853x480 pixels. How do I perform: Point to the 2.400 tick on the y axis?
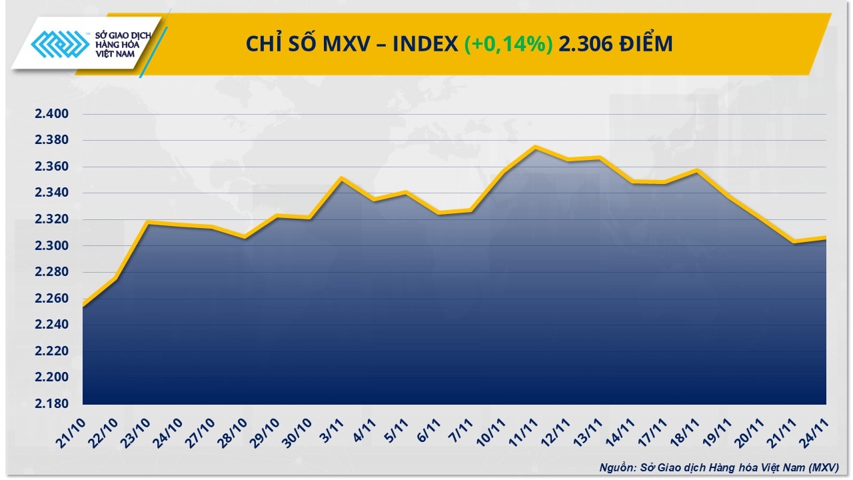tap(52, 114)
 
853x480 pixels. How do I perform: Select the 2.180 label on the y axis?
tap(52, 404)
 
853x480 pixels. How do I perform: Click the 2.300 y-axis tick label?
tap(52, 246)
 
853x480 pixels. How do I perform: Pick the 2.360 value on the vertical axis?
tap(52, 167)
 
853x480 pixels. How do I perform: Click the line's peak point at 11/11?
tap(536, 147)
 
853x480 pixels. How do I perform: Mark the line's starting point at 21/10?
tap(83, 305)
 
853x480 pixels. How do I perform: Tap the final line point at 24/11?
tap(826, 238)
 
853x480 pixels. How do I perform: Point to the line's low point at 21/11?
tap(794, 242)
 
